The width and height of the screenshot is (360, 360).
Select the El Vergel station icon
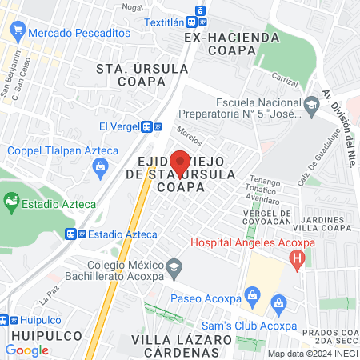[x=146, y=126]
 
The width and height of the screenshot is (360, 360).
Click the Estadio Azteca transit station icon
[x=73, y=234]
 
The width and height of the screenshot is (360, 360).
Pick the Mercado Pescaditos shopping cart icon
[x=16, y=34]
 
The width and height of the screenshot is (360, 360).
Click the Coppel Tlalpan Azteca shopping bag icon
[x=100, y=166]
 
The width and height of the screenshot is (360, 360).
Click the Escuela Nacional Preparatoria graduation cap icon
[x=310, y=102]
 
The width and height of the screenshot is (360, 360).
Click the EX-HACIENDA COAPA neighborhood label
[x=231, y=43]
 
